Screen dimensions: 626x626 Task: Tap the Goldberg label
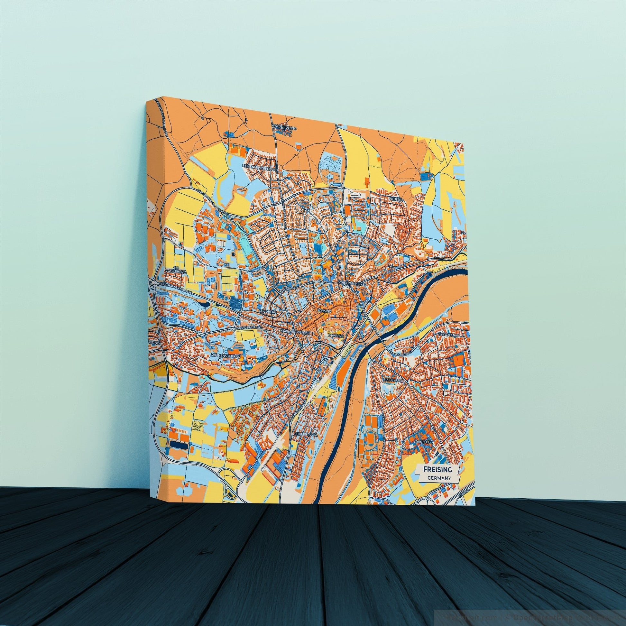click(x=268, y=312)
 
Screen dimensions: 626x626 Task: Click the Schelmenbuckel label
click(x=352, y=283)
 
